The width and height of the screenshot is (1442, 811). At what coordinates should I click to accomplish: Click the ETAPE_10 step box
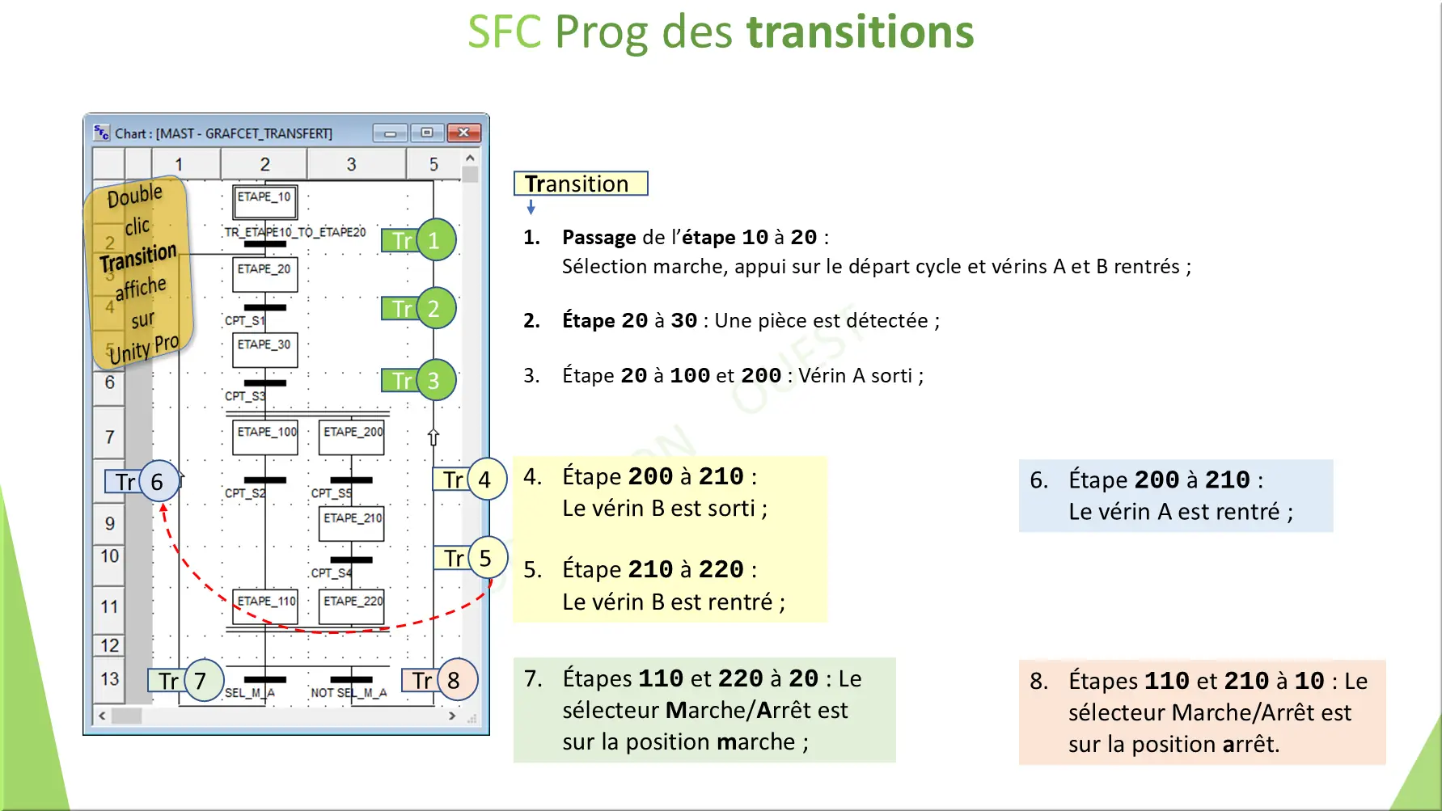264,202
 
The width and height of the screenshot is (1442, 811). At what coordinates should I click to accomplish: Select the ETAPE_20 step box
264,274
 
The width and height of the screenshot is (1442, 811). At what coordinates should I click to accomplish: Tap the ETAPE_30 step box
264,349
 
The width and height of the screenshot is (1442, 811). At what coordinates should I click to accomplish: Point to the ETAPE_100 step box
265,437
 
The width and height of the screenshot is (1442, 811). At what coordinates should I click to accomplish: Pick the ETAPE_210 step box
352,523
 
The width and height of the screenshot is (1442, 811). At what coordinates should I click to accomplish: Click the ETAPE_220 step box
352,606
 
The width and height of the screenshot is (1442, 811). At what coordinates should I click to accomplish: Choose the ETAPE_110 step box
265,606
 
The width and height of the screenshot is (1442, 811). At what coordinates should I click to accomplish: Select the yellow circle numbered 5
486,558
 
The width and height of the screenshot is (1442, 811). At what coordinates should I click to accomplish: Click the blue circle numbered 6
158,482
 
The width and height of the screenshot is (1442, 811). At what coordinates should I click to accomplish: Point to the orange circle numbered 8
455,681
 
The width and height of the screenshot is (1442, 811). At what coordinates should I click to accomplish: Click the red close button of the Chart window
463,133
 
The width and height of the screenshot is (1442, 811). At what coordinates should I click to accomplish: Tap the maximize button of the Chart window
426,133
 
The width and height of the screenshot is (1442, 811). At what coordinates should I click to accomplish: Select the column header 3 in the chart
351,164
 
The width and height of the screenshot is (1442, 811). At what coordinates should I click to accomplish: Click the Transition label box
580,184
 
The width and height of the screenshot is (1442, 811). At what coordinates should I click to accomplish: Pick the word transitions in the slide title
860,32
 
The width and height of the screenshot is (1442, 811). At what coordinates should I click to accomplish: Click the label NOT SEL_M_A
349,693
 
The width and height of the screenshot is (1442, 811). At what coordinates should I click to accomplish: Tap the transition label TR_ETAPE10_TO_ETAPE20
295,233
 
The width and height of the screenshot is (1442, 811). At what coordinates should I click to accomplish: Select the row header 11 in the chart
109,606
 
